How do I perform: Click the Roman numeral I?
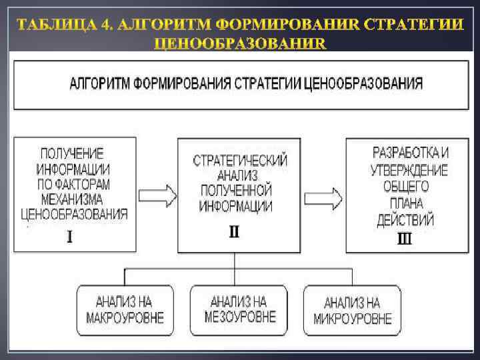(x=69, y=237)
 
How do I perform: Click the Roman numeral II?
(x=234, y=233)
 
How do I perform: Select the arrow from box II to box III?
(x=324, y=197)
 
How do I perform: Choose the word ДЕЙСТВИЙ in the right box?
(x=405, y=219)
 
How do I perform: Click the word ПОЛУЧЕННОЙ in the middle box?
(x=237, y=191)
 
